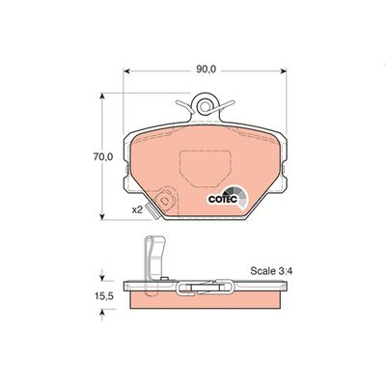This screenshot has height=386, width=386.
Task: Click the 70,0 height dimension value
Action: tap(103, 156)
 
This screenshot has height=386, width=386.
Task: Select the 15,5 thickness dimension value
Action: tap(103, 296)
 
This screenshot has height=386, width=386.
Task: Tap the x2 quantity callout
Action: tap(137, 209)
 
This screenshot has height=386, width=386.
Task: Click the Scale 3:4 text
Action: tap(271, 271)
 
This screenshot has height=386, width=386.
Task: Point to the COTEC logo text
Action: tap(223, 199)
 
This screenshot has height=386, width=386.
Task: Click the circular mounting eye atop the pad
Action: tap(204, 106)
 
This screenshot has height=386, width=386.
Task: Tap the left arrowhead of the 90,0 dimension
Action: tap(126, 71)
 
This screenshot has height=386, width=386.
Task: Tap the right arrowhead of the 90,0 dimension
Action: tap(284, 71)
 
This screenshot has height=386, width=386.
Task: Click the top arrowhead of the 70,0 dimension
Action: tap(102, 96)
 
